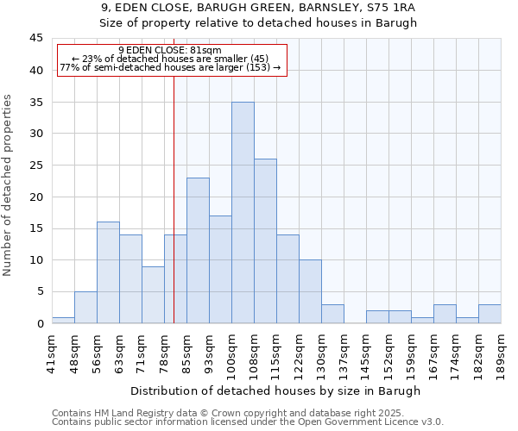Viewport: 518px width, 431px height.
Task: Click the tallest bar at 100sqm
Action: point(243,213)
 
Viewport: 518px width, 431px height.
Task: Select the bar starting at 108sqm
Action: point(265,241)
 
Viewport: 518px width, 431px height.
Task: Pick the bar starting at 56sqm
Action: point(108,272)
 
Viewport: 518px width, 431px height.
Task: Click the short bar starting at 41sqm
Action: point(63,320)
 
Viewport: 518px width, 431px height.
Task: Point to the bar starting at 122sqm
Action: point(310,291)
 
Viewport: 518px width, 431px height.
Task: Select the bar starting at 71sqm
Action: point(153,295)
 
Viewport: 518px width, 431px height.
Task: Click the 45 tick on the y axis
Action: point(37,39)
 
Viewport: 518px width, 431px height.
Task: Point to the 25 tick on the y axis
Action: point(37,166)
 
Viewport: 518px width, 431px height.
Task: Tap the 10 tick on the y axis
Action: point(37,260)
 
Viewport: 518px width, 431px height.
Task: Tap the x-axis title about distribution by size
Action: point(276,390)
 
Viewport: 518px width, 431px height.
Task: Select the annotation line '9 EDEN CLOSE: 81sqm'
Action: point(170,50)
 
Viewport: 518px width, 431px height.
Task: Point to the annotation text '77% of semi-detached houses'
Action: point(170,67)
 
